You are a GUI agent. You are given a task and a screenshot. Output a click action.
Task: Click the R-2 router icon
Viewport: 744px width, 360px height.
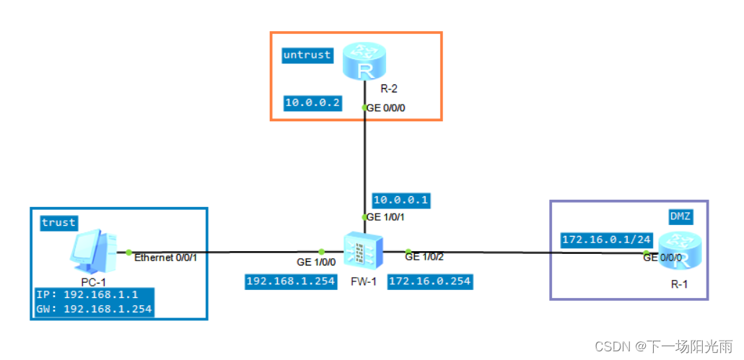tap(365, 62)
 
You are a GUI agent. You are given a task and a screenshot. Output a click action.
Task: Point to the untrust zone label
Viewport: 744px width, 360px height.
tap(307, 55)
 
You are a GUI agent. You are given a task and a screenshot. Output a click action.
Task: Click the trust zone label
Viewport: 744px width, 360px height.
tap(58, 222)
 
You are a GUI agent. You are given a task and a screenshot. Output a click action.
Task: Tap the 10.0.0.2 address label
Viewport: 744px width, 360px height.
tap(312, 103)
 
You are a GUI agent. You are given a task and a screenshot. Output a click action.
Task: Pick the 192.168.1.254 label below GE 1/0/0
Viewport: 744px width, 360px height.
tap(291, 281)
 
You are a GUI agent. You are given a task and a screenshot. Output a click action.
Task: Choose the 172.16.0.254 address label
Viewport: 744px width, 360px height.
tap(431, 281)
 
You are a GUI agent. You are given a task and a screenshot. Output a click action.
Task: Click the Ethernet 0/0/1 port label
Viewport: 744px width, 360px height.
tap(166, 257)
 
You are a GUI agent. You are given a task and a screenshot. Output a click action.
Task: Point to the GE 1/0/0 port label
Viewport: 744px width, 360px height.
tap(316, 263)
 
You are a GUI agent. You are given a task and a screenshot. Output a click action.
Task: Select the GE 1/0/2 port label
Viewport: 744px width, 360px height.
tap(424, 256)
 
